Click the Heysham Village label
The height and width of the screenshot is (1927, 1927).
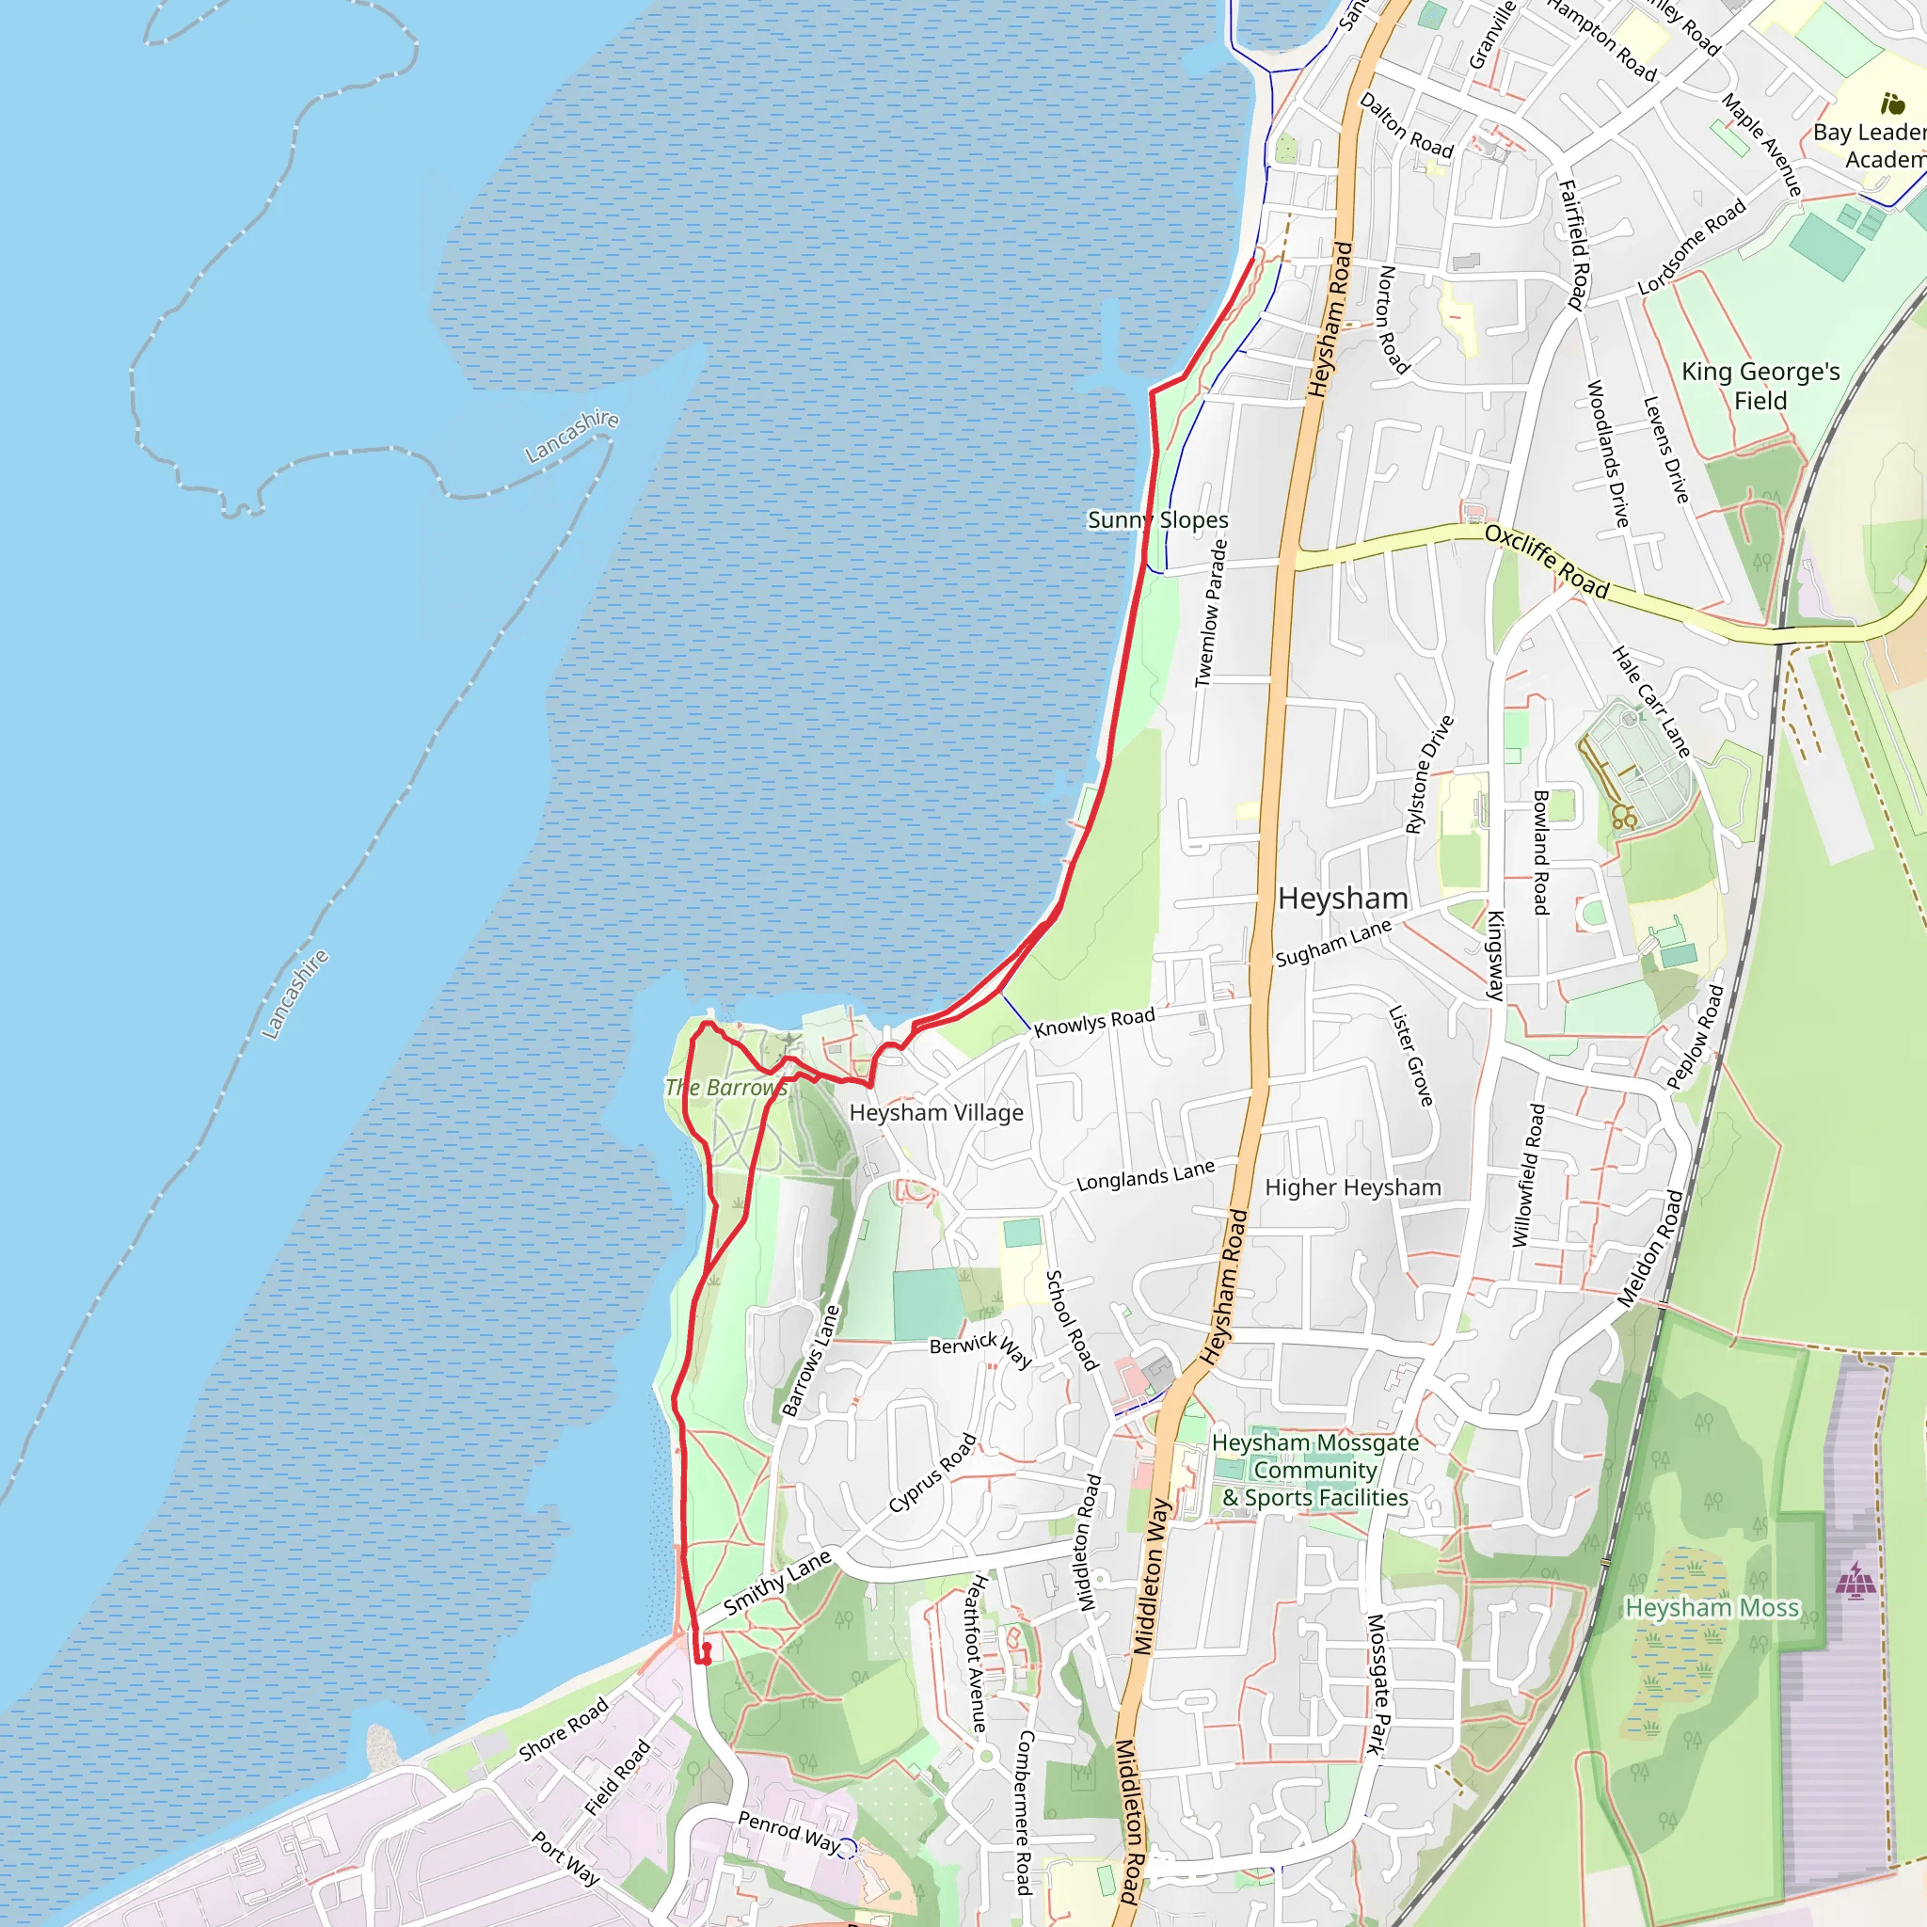pyautogui.click(x=935, y=1113)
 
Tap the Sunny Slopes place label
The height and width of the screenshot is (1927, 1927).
pyautogui.click(x=1157, y=519)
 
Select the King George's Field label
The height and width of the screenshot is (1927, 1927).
pyautogui.click(x=1760, y=386)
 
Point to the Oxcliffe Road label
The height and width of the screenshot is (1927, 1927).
pyautogui.click(x=1546, y=562)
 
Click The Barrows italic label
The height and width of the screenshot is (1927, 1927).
pyautogui.click(x=726, y=1089)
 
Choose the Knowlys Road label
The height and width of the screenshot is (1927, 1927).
pyautogui.click(x=1093, y=1023)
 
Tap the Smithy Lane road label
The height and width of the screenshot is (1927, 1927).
pyautogui.click(x=777, y=1583)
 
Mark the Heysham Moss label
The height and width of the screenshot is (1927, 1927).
pyautogui.click(x=1712, y=1608)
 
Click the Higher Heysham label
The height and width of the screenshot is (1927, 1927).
pyautogui.click(x=1352, y=1188)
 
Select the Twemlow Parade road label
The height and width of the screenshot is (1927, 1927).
pyautogui.click(x=1211, y=613)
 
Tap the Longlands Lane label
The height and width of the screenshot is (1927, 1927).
pyautogui.click(x=1145, y=1177)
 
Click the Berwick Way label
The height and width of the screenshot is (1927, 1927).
pyautogui.click(x=980, y=1348)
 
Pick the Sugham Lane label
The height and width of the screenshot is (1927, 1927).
pyautogui.click(x=1332, y=943)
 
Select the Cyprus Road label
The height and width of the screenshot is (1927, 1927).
pyautogui.click(x=932, y=1473)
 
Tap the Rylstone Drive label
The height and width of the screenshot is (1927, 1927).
pyautogui.click(x=1429, y=775)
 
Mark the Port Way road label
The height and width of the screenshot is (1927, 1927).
pyautogui.click(x=565, y=1858)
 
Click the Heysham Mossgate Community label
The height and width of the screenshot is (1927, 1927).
pyautogui.click(x=1314, y=1471)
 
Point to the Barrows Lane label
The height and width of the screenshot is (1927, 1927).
pyautogui.click(x=811, y=1361)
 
